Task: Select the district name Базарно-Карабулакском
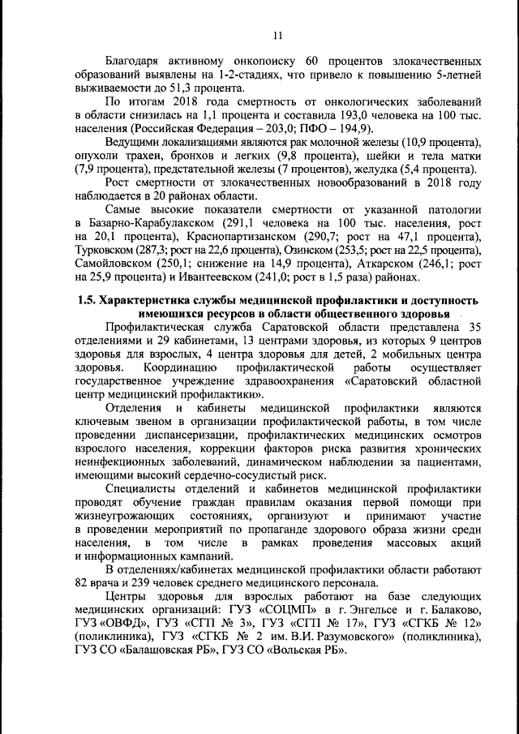point(144,224)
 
